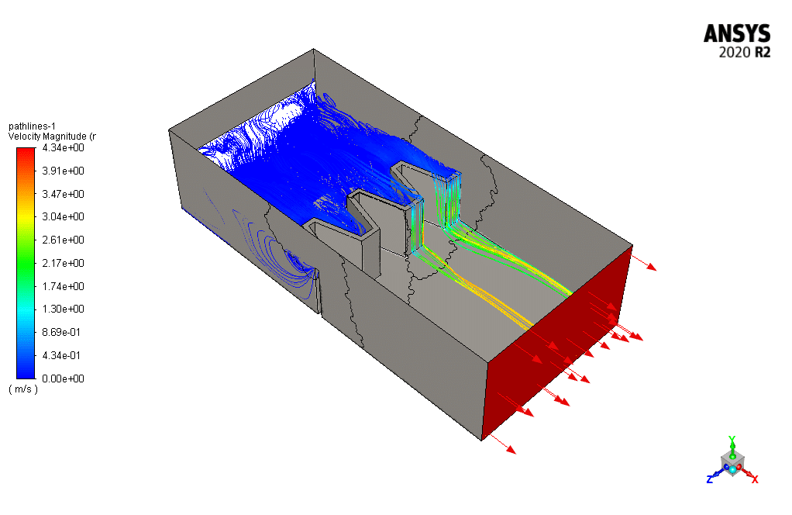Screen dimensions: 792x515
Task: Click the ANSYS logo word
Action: click(x=737, y=34)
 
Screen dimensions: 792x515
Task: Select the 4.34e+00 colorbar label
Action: click(x=63, y=147)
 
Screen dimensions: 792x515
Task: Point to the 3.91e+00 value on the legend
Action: click(x=63, y=171)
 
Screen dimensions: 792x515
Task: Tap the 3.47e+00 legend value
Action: click(x=63, y=194)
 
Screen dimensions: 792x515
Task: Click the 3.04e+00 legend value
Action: click(x=63, y=217)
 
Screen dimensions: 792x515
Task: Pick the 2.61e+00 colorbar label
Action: click(x=63, y=240)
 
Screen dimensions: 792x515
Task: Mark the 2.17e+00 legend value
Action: click(x=63, y=263)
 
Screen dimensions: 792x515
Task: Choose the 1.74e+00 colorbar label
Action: click(x=63, y=286)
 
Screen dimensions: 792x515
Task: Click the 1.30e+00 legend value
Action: click(x=63, y=309)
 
